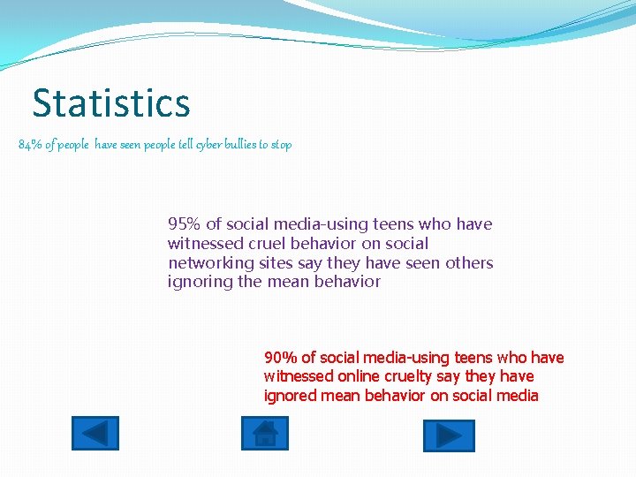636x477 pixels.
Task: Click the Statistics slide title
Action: (x=111, y=102)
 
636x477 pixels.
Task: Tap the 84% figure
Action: (x=29, y=144)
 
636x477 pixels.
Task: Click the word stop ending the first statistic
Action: (x=281, y=144)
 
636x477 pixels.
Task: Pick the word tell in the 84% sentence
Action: (x=178, y=144)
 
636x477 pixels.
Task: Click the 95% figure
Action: (x=184, y=224)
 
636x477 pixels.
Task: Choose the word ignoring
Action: (x=199, y=283)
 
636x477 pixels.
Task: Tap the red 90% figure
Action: (x=280, y=358)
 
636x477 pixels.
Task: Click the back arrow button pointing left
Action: (x=95, y=434)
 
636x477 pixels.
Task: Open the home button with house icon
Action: (x=265, y=434)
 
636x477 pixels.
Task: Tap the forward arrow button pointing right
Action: (x=449, y=435)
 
